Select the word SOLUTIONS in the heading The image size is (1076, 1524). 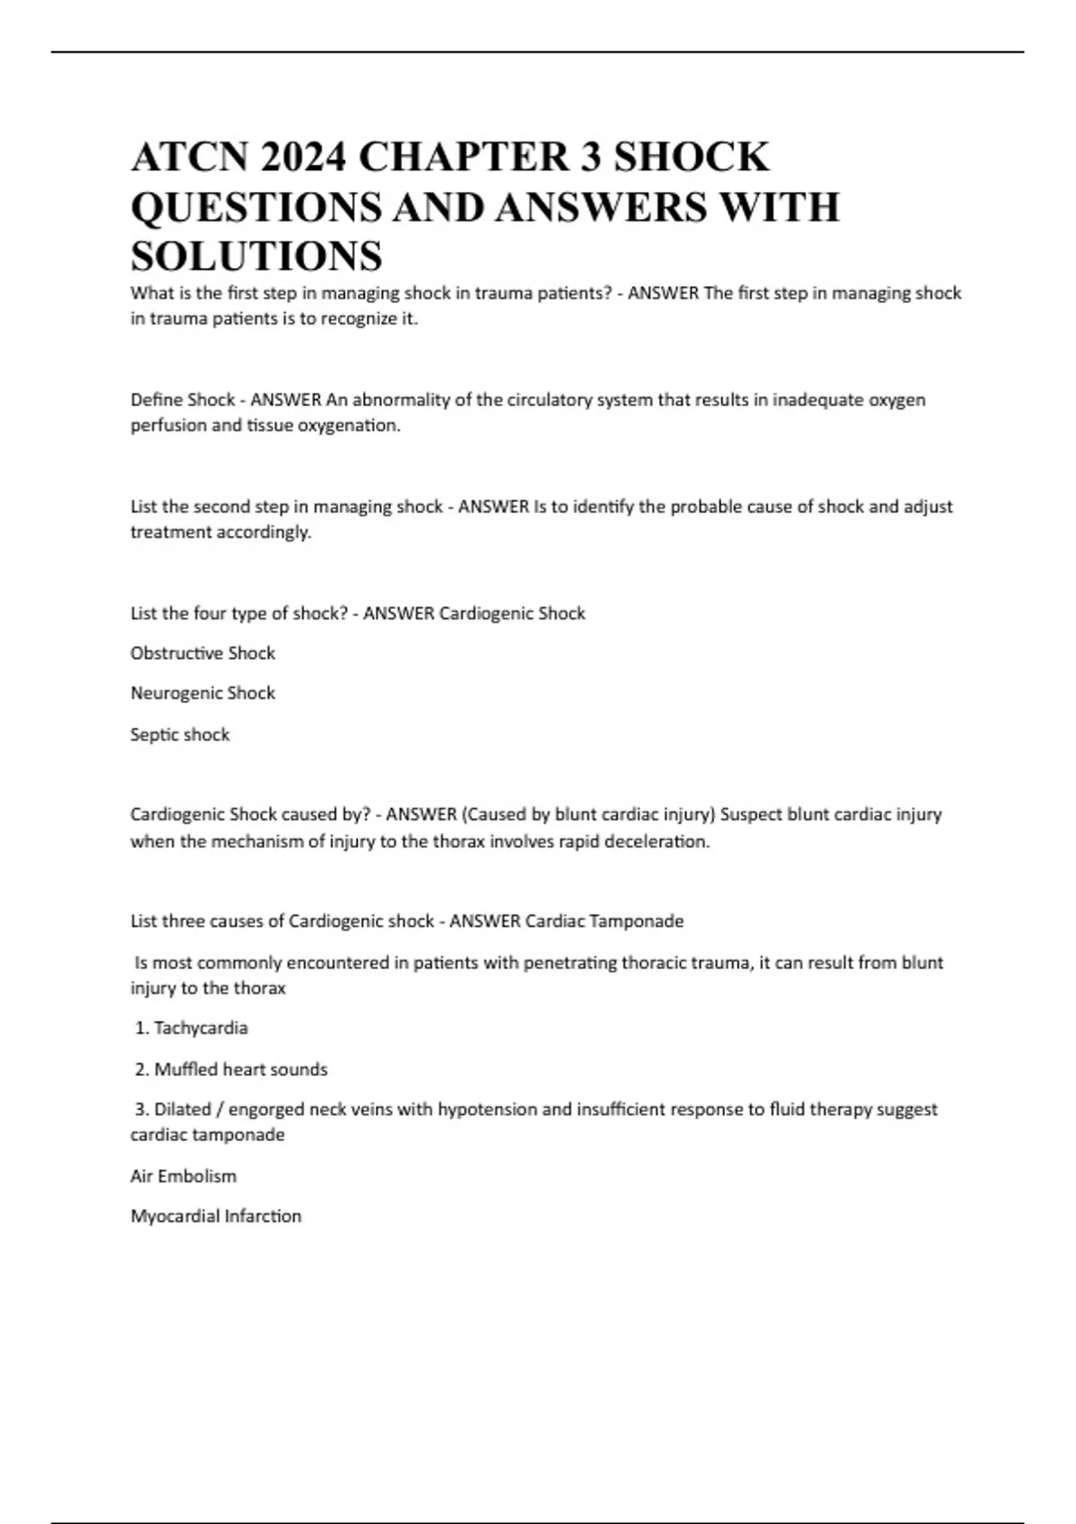tap(256, 256)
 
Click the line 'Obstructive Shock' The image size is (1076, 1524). tap(203, 654)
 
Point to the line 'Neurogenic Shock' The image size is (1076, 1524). tap(203, 693)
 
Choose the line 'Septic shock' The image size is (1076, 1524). tap(180, 734)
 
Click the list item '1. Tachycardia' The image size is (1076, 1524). tap(191, 1028)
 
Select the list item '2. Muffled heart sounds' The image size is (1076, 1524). tap(231, 1069)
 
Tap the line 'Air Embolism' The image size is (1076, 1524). tap(184, 1176)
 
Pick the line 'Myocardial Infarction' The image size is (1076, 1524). tap(216, 1217)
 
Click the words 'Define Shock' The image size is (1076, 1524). tap(183, 400)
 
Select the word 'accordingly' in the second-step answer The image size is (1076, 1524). tap(264, 533)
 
